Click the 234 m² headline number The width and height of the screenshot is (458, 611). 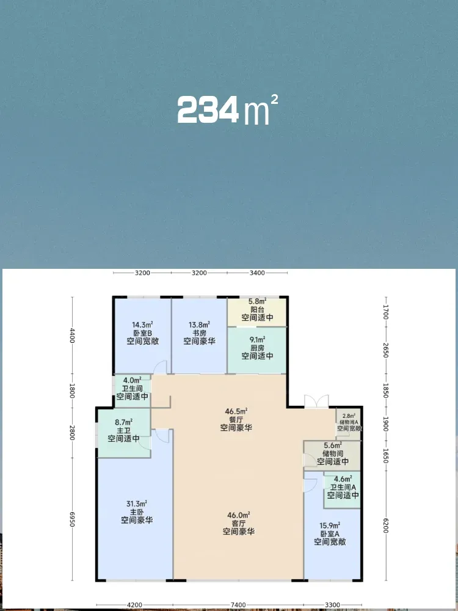(227, 110)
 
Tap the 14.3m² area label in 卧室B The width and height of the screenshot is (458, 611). (142, 324)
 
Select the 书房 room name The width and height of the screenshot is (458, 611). (200, 333)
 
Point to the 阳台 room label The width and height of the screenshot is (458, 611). (257, 309)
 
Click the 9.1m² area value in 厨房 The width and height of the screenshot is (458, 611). (257, 339)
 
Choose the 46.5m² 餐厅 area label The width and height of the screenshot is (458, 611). (236, 411)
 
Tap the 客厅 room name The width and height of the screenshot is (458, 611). (239, 523)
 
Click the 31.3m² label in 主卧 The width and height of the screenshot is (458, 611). (136, 503)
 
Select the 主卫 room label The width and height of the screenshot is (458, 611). (123, 430)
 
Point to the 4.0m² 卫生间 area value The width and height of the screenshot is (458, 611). (132, 380)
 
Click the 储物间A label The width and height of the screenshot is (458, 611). (349, 422)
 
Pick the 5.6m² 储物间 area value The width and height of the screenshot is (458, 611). (333, 445)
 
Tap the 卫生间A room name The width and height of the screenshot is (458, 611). (343, 487)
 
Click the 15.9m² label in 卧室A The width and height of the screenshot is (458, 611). (330, 524)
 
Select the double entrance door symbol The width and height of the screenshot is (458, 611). (316, 402)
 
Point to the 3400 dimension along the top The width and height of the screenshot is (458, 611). (257, 273)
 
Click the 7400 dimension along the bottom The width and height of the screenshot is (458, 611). (238, 605)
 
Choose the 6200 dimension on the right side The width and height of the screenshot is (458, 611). (386, 525)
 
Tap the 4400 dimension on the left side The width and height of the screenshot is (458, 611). (72, 335)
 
